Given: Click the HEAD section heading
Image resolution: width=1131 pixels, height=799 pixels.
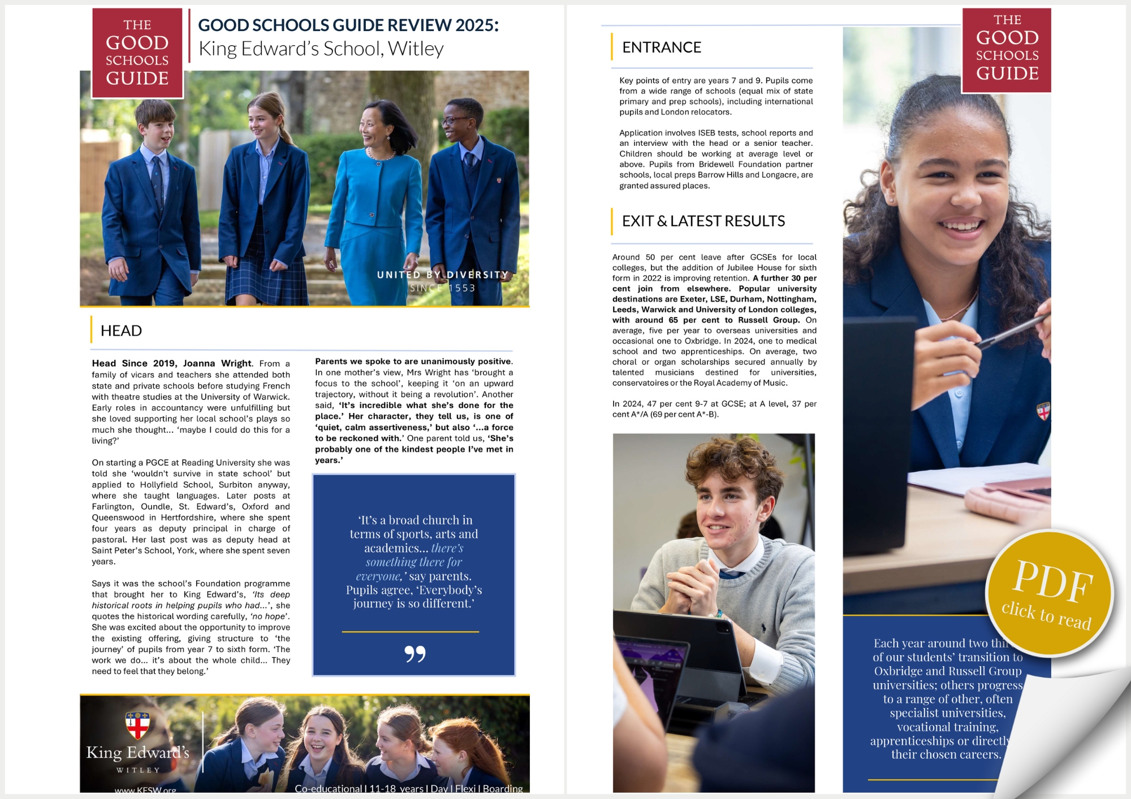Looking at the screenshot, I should click(121, 331).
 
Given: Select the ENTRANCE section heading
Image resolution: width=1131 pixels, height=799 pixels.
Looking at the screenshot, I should click(661, 47).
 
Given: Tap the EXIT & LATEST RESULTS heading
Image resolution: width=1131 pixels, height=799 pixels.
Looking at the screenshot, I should click(703, 221).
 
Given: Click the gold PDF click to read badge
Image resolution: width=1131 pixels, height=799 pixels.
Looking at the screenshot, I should click(1049, 593).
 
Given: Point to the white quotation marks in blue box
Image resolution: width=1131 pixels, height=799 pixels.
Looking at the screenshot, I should click(415, 654).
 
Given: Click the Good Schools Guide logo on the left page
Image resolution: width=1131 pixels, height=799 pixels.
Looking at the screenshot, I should click(137, 52).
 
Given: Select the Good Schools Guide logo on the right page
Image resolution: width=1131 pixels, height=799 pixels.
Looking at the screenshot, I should click(1007, 49).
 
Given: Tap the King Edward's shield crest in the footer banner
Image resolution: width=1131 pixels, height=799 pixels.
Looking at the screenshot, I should click(137, 725).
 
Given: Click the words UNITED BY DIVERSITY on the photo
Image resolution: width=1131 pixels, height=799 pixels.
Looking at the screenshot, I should click(443, 275).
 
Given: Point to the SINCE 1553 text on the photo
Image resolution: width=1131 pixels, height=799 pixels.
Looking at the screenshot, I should click(443, 288).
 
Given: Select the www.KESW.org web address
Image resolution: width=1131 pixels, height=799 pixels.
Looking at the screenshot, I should click(145, 790).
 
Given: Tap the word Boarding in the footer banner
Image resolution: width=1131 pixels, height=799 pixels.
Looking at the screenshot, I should click(503, 788).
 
